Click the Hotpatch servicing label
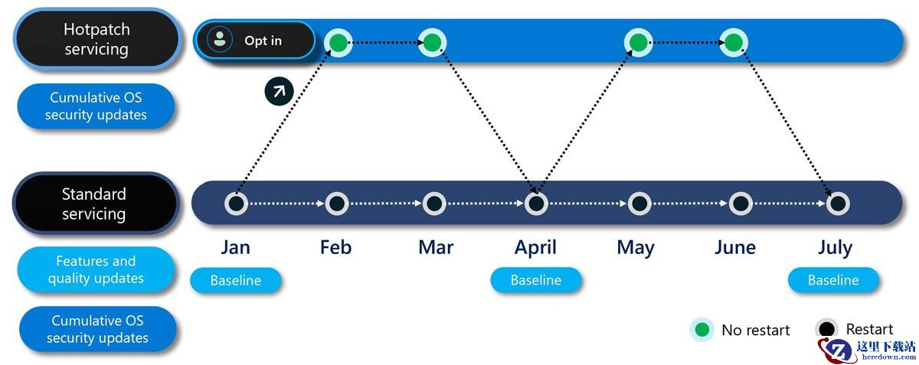click(96, 39)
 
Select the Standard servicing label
click(95, 204)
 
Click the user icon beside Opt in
click(220, 39)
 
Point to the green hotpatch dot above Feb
click(338, 42)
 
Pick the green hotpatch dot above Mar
click(432, 42)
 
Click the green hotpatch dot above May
click(638, 42)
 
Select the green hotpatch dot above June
click(734, 42)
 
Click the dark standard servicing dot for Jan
click(237, 204)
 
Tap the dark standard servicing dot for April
click(536, 204)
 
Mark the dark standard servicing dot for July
click(838, 204)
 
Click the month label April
click(535, 248)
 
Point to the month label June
click(734, 247)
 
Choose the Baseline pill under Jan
click(236, 280)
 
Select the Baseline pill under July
click(833, 280)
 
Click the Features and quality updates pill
click(96, 269)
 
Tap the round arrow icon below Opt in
click(279, 91)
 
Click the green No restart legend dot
click(702, 329)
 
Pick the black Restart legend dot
click(826, 329)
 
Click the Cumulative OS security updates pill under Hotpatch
click(96, 106)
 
